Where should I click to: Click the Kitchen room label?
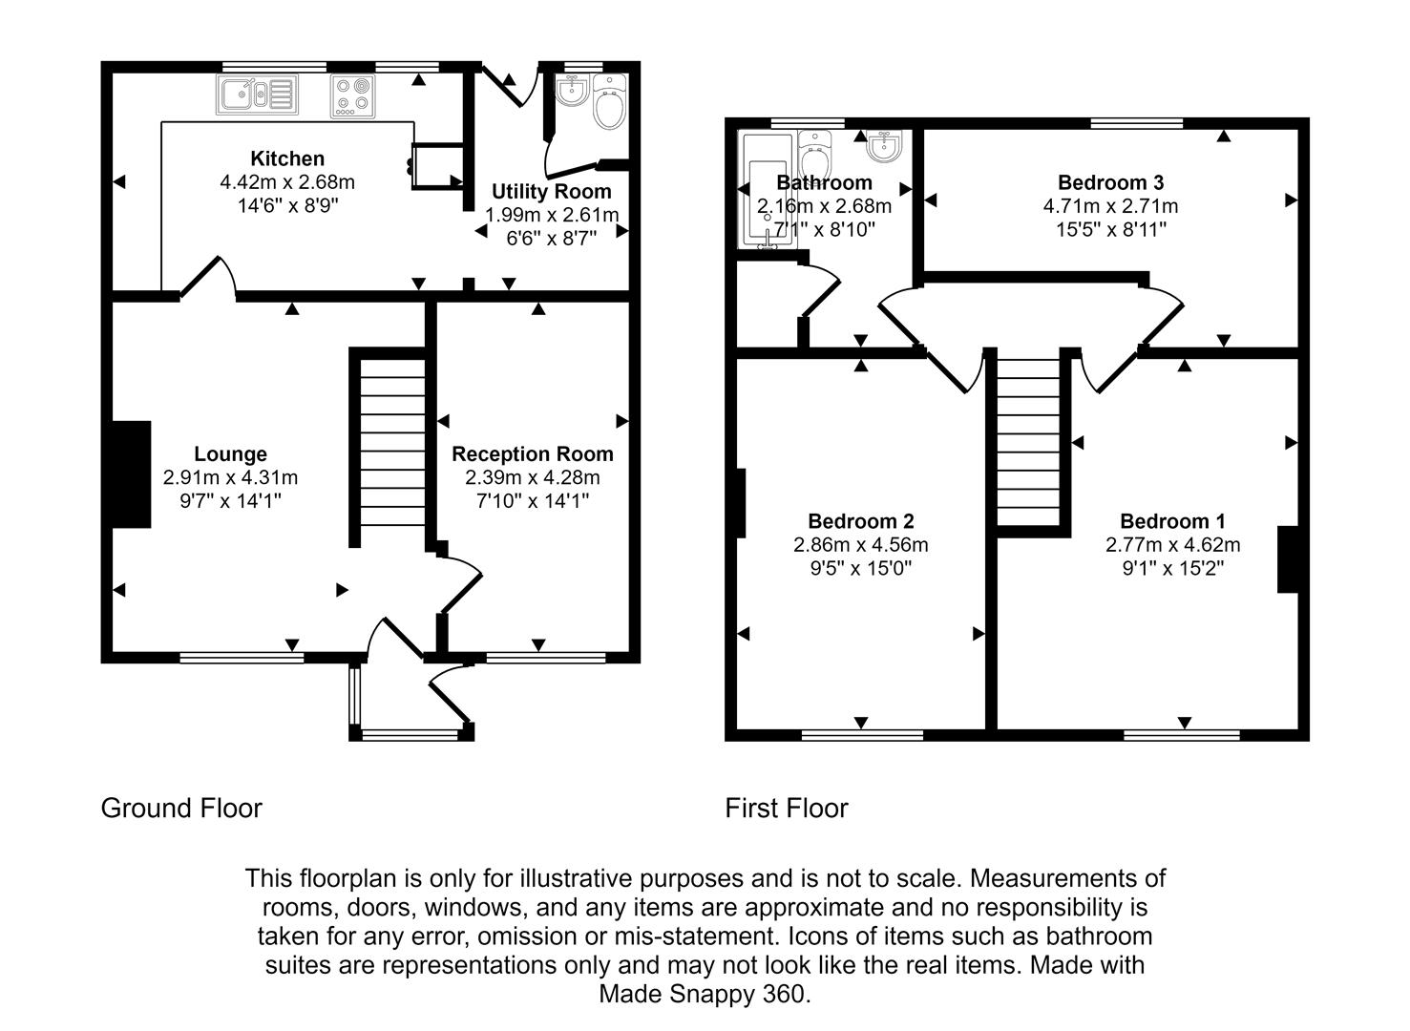287,158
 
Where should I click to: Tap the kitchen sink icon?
258,95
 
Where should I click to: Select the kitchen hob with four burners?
352,96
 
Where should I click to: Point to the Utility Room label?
552,191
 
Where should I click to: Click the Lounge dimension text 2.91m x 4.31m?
230,477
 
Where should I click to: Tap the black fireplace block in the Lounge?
132,473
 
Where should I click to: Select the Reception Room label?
533,453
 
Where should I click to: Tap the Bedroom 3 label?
1111,182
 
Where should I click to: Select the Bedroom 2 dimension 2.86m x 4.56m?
860,544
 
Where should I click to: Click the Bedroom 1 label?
1172,521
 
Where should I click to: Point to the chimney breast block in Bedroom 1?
1288,559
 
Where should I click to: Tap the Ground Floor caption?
181,809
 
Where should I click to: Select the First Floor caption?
787,809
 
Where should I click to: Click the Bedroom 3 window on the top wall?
1137,123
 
